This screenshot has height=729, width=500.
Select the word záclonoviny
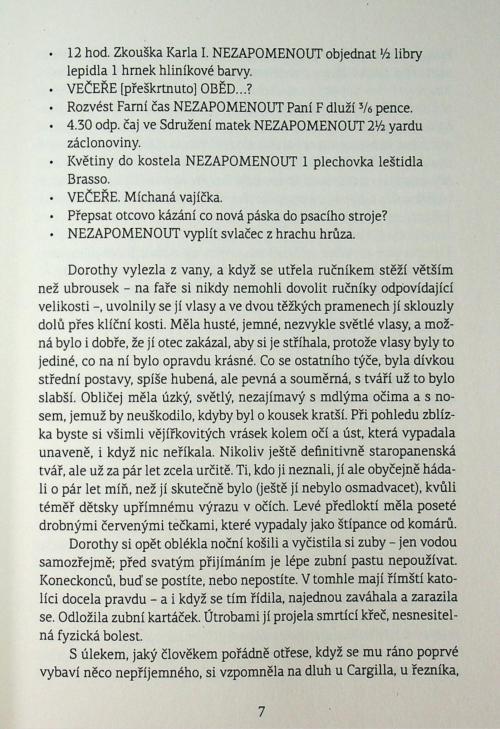103,144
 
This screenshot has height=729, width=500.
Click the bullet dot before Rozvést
52,108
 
